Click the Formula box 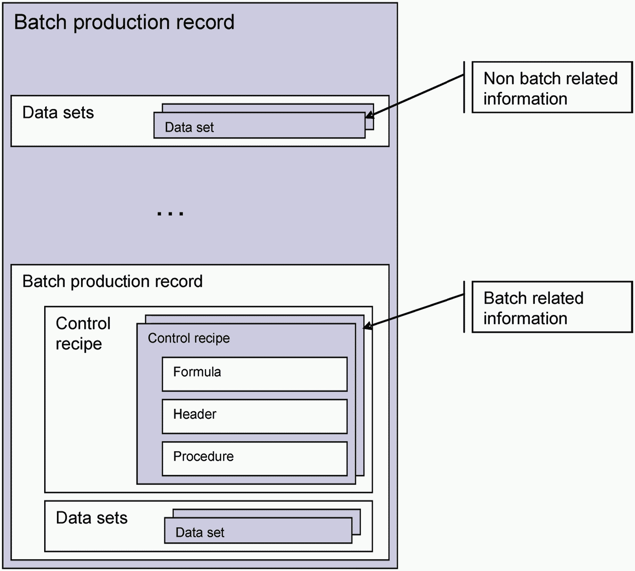(x=254, y=374)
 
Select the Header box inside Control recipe (x=254, y=417)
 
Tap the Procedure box (x=254, y=459)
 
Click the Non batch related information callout (x=552, y=87)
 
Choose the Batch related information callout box (x=552, y=307)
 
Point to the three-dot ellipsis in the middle (x=170, y=214)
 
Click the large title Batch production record (x=124, y=22)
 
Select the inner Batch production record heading (x=112, y=282)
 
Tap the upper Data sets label (x=58, y=112)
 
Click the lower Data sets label (x=91, y=518)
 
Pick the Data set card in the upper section (x=259, y=125)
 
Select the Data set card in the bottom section (x=258, y=530)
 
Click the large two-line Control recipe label (x=83, y=334)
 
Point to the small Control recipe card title (x=189, y=338)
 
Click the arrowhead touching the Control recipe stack (x=368, y=326)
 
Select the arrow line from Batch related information (x=414, y=311)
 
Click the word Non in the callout (x=499, y=78)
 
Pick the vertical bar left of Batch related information (x=464, y=307)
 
